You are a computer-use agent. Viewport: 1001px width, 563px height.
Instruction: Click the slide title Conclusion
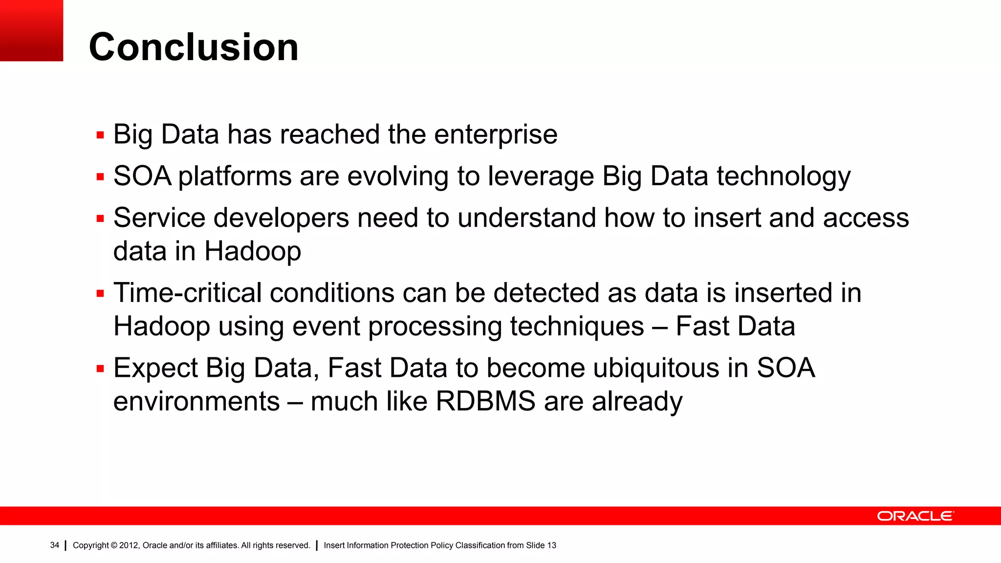[194, 47]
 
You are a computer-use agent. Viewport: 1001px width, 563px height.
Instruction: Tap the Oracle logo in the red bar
[915, 516]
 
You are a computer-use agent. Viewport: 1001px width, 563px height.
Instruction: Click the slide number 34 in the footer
[54, 545]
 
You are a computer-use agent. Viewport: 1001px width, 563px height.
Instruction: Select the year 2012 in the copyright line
[129, 545]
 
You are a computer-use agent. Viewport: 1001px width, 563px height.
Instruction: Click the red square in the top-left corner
[31, 30]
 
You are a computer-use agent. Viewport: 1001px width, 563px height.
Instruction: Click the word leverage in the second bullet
[541, 176]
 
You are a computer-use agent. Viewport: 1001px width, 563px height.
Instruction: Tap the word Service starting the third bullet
[159, 218]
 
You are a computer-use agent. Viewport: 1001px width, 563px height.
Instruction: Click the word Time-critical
[187, 293]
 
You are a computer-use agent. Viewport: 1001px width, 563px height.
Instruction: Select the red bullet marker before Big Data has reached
[100, 135]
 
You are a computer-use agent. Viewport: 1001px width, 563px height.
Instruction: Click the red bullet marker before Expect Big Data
[100, 369]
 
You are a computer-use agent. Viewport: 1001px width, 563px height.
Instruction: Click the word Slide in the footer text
[535, 545]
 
